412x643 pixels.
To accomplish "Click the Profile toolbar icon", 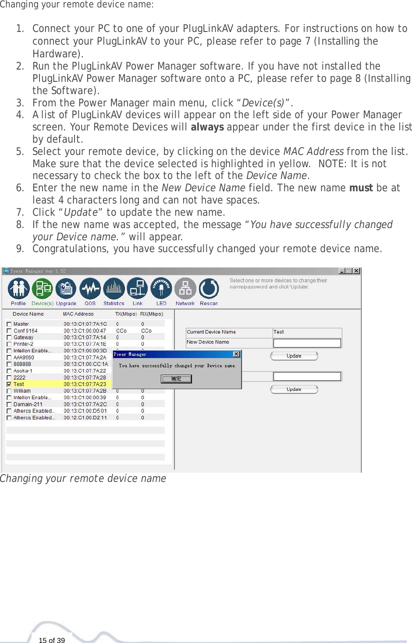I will (18, 289).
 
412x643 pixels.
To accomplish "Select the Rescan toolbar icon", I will (209, 289).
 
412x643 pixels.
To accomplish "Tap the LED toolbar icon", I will (161, 289).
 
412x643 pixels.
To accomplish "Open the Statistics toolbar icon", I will (114, 289).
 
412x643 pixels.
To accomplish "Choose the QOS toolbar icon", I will (90, 289).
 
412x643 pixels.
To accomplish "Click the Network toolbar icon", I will (185, 289).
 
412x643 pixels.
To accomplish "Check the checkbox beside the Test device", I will (9, 384).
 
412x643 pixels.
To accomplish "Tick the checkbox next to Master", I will (9, 324).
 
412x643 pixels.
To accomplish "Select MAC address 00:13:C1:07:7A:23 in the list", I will (85, 384).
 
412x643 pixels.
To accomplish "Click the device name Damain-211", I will (28, 404).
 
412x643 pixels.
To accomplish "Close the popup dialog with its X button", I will (236, 354).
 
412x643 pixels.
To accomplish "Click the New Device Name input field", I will (307, 343).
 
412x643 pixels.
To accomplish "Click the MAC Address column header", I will (78, 314).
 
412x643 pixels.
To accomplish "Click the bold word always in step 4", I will (207, 127).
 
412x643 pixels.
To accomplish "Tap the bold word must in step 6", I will (361, 188).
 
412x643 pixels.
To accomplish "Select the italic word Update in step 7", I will (81, 213).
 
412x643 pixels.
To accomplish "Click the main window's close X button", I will (356, 271).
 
